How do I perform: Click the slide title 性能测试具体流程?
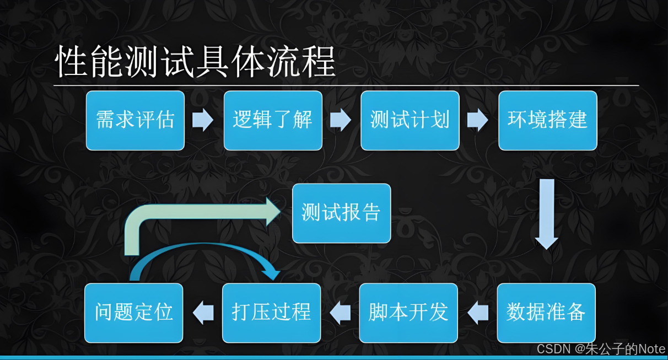(x=196, y=62)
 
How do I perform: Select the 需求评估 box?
(x=135, y=120)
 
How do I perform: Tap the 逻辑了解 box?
(x=273, y=120)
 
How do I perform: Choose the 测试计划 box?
(x=410, y=120)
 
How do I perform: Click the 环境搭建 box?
(x=548, y=120)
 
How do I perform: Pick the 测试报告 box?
(x=341, y=213)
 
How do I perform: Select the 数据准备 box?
(x=546, y=313)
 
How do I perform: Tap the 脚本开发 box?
(x=408, y=313)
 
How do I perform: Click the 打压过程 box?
(x=272, y=313)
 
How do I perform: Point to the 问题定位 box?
(x=134, y=313)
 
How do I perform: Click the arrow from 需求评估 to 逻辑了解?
(x=203, y=120)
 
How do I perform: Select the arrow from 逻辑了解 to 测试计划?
(x=341, y=120)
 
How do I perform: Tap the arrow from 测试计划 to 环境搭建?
(x=478, y=120)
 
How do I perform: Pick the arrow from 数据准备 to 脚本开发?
(x=478, y=313)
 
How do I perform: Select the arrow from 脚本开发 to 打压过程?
(x=340, y=313)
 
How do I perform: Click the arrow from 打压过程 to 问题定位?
(x=203, y=313)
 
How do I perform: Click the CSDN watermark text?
(x=601, y=349)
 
